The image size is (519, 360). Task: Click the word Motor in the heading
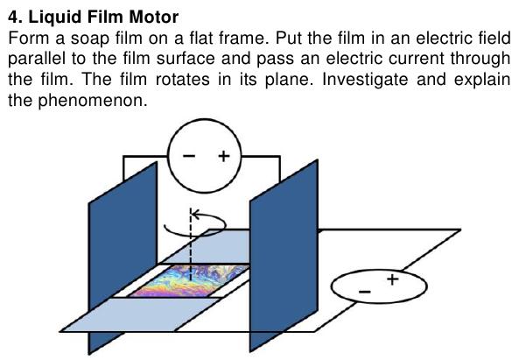(x=154, y=17)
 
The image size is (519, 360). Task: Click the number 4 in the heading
(x=12, y=17)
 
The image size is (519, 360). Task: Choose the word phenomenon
(x=93, y=101)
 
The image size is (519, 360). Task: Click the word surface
(x=186, y=59)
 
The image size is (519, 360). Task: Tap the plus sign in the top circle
(x=224, y=156)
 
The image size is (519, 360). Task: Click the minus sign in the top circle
(x=189, y=156)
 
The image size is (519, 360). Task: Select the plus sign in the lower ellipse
(x=393, y=279)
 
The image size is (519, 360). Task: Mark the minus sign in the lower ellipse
(x=365, y=292)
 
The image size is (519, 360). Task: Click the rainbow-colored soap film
(x=189, y=281)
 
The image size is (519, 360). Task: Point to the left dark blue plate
(x=123, y=258)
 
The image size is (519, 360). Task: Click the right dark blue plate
(x=284, y=256)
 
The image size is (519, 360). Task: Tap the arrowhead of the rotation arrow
(x=195, y=215)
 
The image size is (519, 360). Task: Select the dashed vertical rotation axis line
(x=191, y=245)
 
